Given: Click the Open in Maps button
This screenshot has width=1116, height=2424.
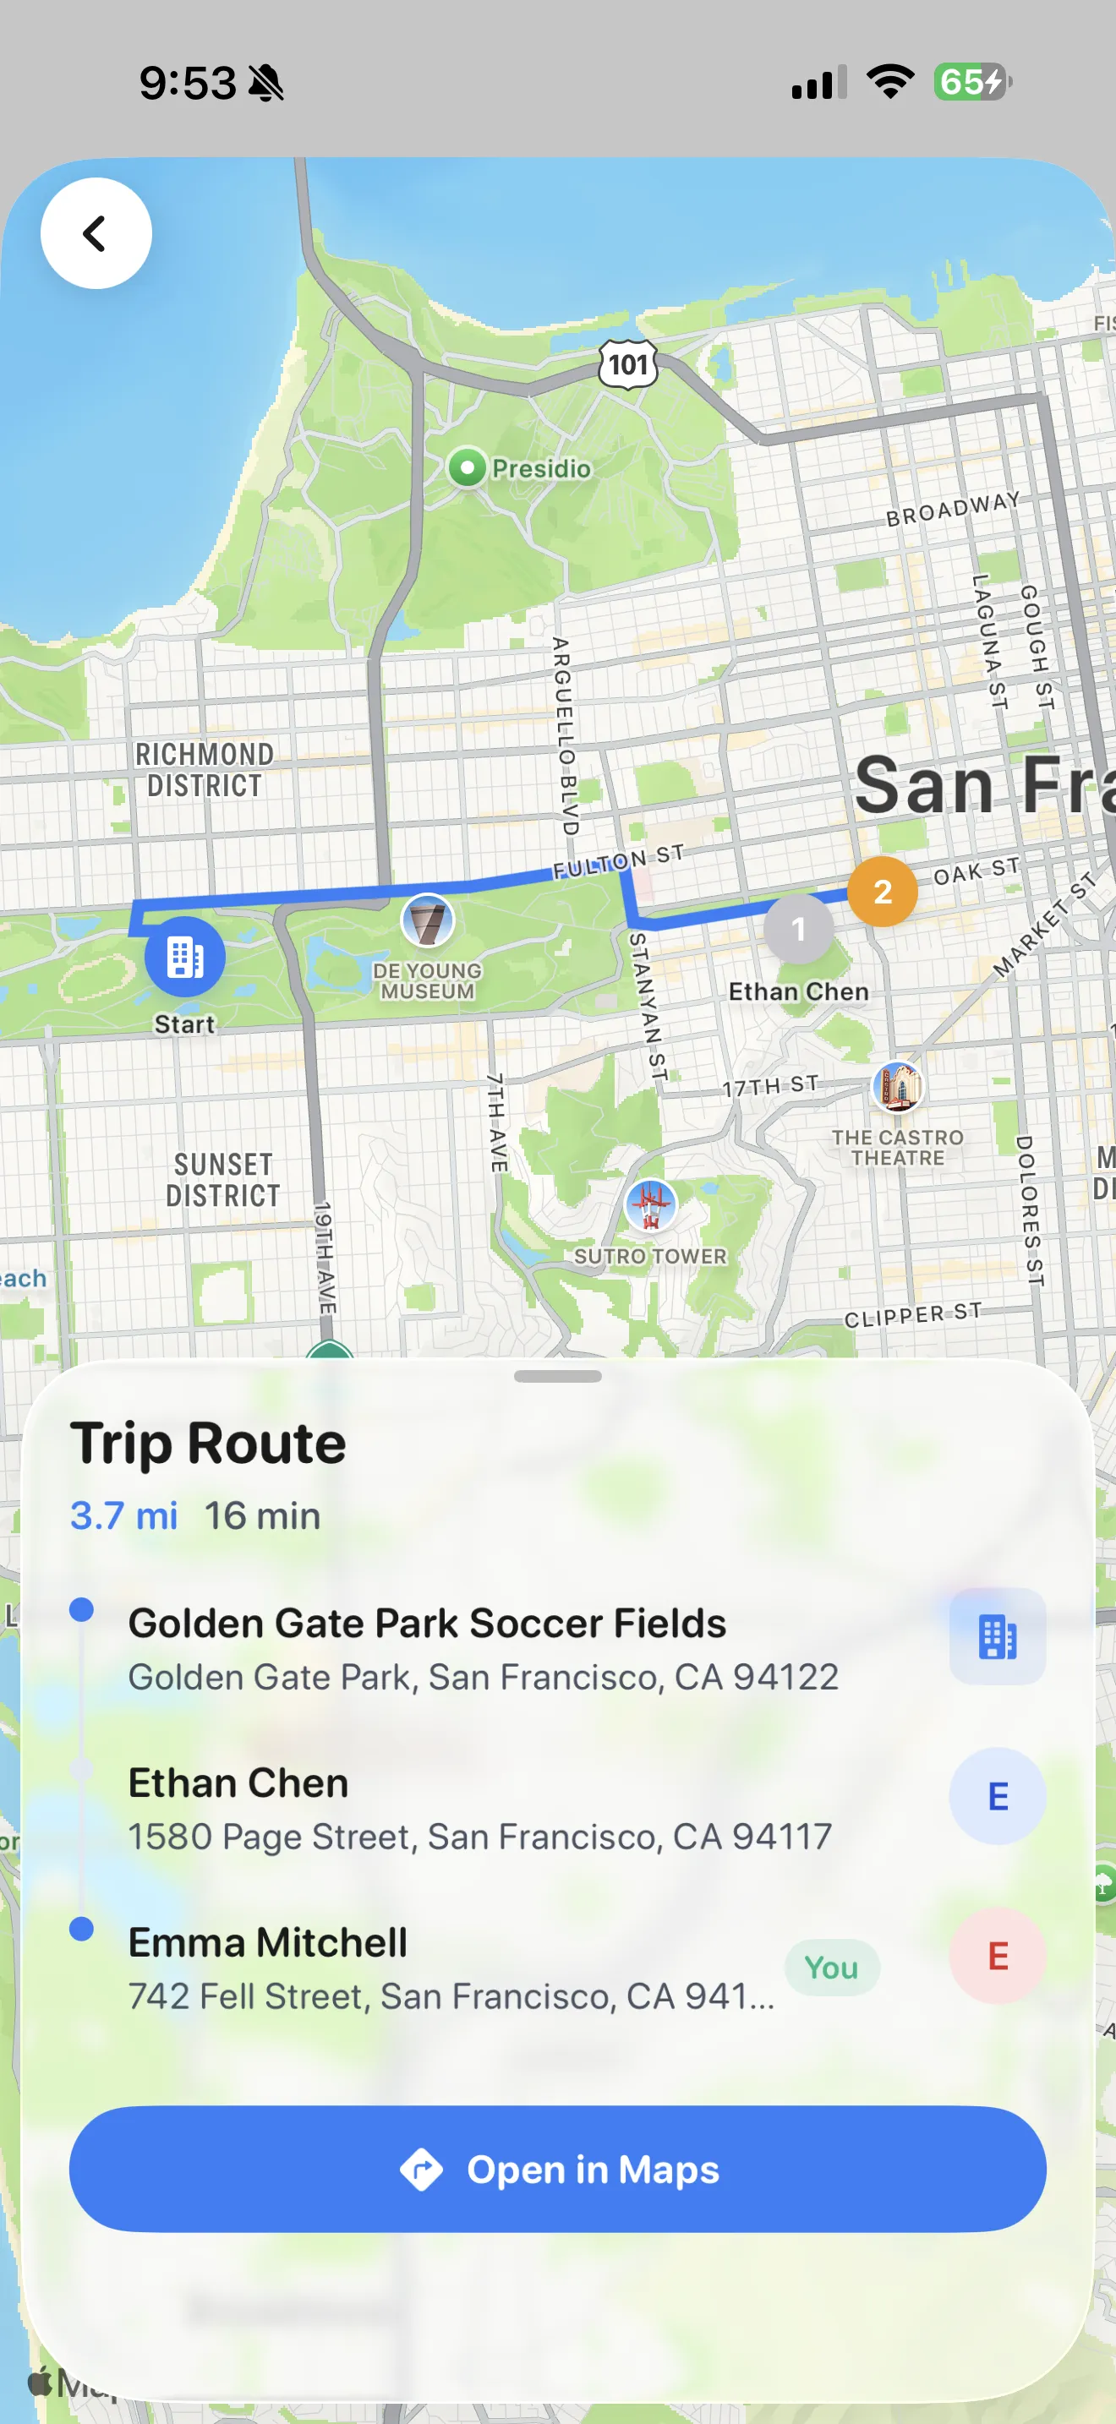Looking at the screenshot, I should pyautogui.click(x=557, y=2169).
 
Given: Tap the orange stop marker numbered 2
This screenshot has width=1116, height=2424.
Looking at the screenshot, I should pyautogui.click(x=882, y=891).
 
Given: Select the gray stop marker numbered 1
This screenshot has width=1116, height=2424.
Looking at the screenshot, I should pyautogui.click(x=798, y=930).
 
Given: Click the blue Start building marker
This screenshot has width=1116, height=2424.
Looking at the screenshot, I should pyautogui.click(x=184, y=957).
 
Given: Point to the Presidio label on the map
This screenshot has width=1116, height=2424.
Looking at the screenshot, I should pyautogui.click(x=541, y=467).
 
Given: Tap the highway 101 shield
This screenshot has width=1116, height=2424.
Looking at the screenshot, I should pyautogui.click(x=627, y=364).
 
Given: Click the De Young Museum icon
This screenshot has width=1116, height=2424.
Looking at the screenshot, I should pyautogui.click(x=427, y=920).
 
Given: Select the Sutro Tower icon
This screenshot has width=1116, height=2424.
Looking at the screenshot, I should pyautogui.click(x=650, y=1204).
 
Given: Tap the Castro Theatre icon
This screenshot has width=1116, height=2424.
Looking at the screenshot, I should pyautogui.click(x=898, y=1087).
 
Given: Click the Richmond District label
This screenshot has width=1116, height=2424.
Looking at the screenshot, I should pyautogui.click(x=205, y=770).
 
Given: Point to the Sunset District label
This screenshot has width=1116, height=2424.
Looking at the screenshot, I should pyautogui.click(x=223, y=1180).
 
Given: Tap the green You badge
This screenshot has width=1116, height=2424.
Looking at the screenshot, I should pyautogui.click(x=832, y=1968).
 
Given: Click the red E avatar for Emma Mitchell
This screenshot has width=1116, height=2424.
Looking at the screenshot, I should pyautogui.click(x=997, y=1957).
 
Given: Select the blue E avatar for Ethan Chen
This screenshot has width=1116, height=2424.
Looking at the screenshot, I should pyautogui.click(x=997, y=1796).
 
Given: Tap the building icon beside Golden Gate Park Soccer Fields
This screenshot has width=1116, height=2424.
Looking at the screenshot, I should pyautogui.click(x=997, y=1636).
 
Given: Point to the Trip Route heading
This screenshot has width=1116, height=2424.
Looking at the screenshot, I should pyautogui.click(x=208, y=1443).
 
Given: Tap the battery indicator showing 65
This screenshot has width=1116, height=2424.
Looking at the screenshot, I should pyautogui.click(x=972, y=82).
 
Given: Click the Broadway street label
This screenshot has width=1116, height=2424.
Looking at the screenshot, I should pyautogui.click(x=952, y=508).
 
